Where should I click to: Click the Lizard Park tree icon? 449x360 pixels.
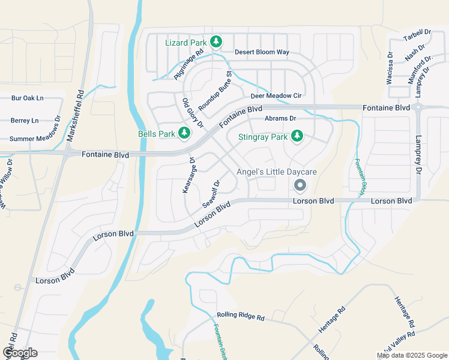point(216,42)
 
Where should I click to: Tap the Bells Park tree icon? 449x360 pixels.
point(185,133)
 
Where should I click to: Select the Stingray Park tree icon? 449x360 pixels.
point(297,137)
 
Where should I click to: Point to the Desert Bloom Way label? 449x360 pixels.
point(262,52)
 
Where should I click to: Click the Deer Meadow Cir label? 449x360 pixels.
point(276,95)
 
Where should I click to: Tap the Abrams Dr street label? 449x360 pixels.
point(280,119)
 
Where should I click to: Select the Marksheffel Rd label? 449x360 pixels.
point(76,116)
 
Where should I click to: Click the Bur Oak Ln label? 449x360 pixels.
point(28,98)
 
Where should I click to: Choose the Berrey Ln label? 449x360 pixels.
point(25,121)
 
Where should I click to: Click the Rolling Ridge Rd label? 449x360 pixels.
point(240,316)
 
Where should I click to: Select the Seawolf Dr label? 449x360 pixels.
point(211,193)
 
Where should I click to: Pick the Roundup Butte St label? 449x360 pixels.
point(215,90)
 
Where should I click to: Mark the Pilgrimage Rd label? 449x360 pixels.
point(189,65)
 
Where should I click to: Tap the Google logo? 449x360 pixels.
point(20,352)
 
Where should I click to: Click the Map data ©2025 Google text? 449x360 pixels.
point(412,355)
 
